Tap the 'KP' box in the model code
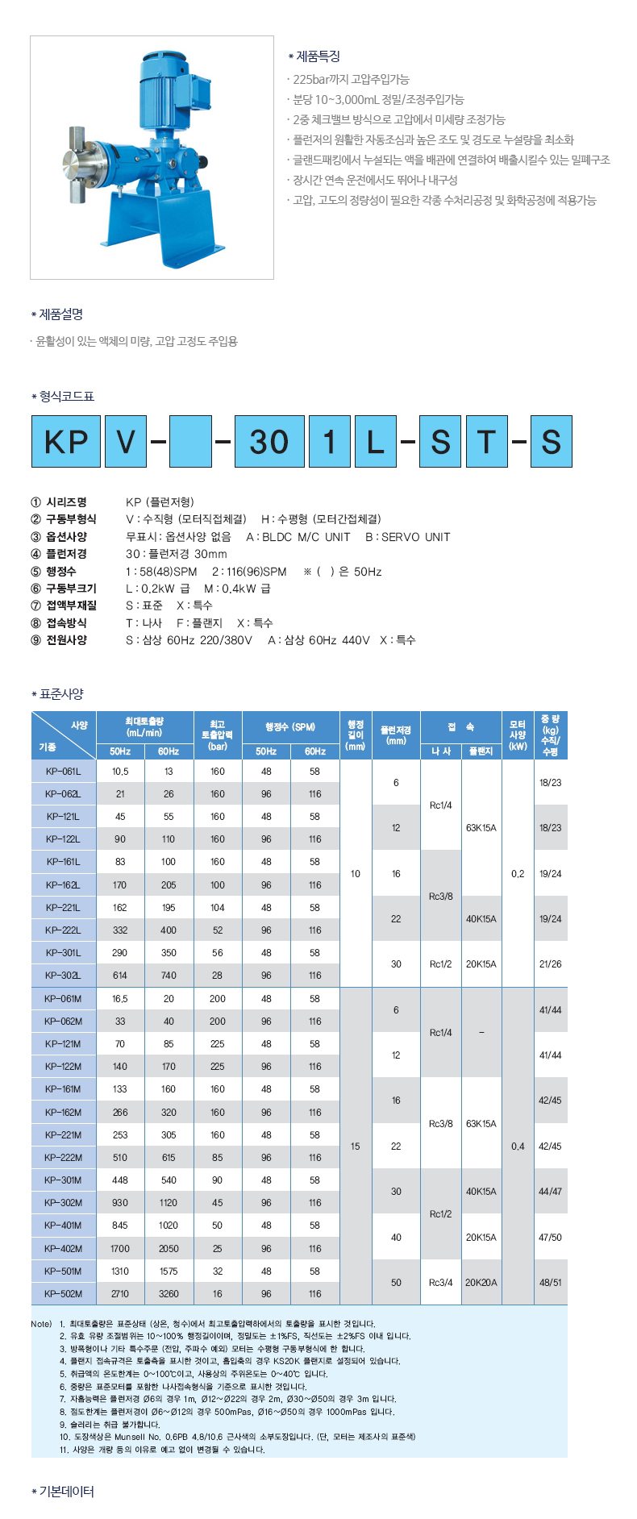[x=66, y=441]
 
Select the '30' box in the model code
[x=269, y=441]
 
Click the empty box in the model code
[x=190, y=441]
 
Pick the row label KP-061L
[x=64, y=772]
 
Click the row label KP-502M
[x=64, y=1294]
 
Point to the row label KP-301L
[x=64, y=953]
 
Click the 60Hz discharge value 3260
[x=169, y=1294]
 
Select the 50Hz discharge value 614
[x=120, y=976]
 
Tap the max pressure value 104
[x=218, y=908]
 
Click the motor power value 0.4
[x=518, y=1146]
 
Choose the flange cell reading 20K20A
[x=481, y=1282]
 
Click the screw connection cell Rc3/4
[x=441, y=1282]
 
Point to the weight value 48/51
[x=551, y=1282]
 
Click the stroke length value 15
[x=356, y=1146]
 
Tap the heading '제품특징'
[x=318, y=56]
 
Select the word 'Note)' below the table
[x=41, y=1324]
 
